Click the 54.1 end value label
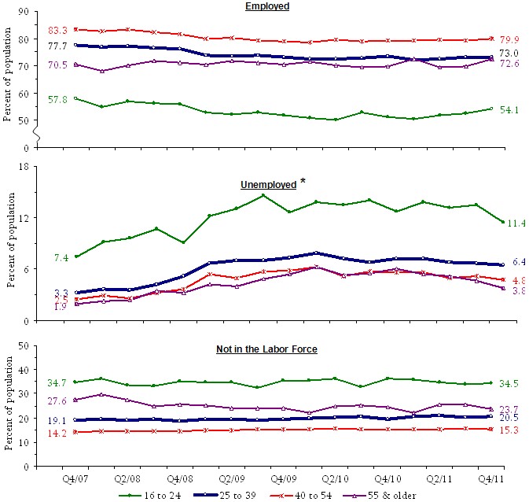(509, 110)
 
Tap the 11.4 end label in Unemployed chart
(514, 223)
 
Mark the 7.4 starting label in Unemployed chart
(61, 258)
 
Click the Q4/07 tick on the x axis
(74, 477)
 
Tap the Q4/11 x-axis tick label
(493, 477)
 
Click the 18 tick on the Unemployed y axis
(24, 166)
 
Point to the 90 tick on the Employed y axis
(24, 13)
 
